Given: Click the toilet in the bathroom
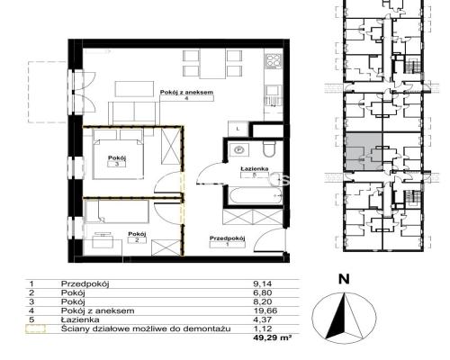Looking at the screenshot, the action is [x=269, y=149].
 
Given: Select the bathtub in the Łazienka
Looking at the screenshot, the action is [x=256, y=195].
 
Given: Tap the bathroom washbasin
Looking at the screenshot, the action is [x=238, y=149].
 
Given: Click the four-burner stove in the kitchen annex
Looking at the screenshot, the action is [x=274, y=60].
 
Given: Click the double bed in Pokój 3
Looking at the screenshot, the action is [x=118, y=155].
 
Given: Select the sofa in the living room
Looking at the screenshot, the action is [x=132, y=113].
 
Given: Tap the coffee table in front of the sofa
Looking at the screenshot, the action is [x=134, y=89].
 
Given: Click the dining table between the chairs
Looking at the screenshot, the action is [x=212, y=64].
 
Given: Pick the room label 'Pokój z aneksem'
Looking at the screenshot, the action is [x=186, y=93].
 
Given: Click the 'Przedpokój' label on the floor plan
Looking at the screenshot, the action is [x=228, y=238].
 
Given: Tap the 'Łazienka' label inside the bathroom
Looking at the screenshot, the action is [x=255, y=169].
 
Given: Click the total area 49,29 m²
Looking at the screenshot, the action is [x=273, y=337].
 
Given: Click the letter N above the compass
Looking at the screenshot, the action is [x=344, y=279].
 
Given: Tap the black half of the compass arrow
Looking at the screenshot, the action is [x=337, y=318].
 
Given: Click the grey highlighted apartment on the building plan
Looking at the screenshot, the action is [x=364, y=152].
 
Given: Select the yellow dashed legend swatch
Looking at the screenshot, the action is [x=35, y=328].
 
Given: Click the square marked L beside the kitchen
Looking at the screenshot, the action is [x=238, y=129].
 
